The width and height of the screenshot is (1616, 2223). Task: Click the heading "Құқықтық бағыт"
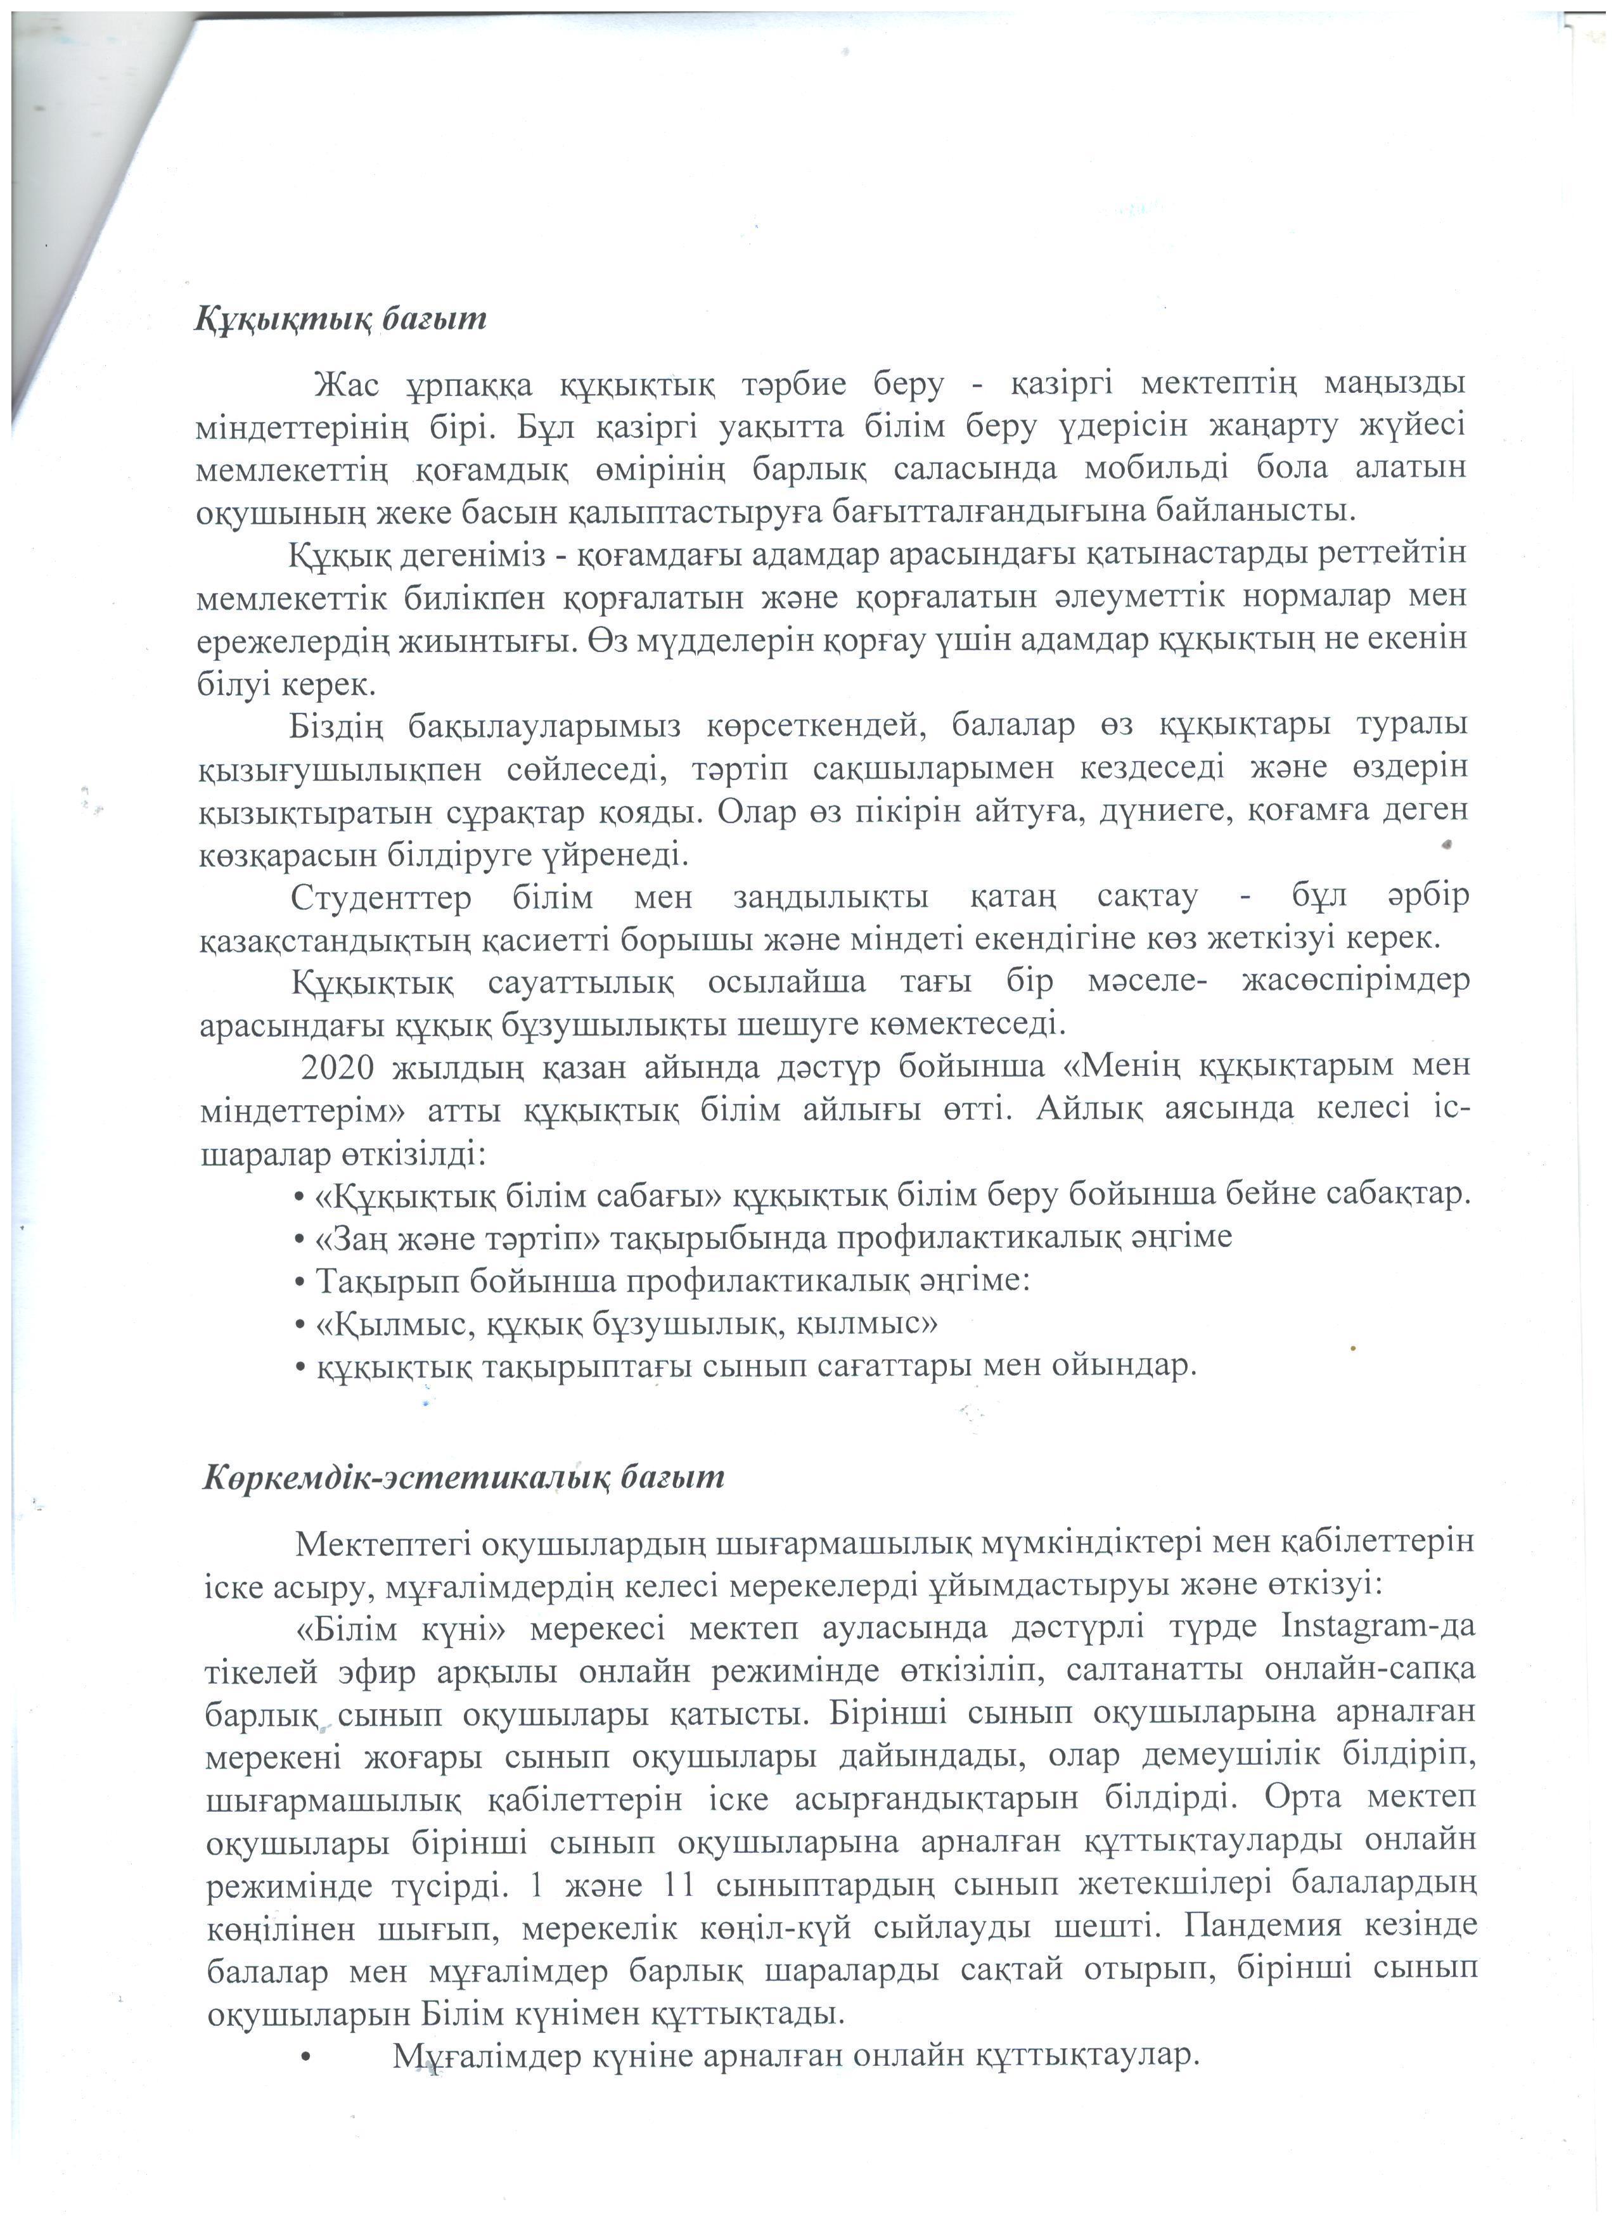pyautogui.click(x=340, y=319)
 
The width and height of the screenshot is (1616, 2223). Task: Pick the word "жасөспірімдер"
pyautogui.click(x=1356, y=983)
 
